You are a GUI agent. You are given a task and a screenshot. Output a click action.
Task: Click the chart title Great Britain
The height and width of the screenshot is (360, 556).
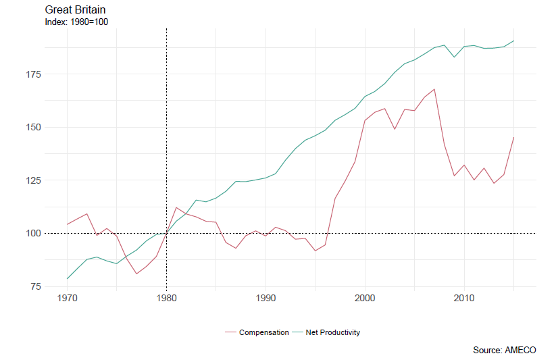click(75, 10)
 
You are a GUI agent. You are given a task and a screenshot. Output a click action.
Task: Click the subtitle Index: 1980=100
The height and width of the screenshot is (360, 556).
click(76, 22)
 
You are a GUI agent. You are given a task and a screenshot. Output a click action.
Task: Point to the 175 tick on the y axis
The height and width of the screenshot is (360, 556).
click(33, 74)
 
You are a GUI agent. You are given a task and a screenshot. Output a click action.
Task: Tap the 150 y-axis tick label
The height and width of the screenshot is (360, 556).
click(33, 127)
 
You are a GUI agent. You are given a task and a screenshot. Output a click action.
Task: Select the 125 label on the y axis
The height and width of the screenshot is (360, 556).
click(33, 180)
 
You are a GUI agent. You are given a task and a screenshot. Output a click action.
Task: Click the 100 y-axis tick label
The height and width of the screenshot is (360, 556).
click(33, 234)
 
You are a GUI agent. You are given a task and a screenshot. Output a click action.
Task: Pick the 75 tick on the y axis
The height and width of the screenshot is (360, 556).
click(36, 286)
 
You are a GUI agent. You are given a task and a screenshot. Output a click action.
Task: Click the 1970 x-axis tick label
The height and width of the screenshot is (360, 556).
click(67, 298)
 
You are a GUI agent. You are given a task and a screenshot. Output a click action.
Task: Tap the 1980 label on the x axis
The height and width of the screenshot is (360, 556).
click(166, 298)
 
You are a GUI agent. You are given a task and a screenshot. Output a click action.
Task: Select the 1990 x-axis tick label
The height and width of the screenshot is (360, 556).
click(266, 298)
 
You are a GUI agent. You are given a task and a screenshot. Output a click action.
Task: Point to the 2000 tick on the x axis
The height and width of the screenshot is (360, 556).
click(365, 298)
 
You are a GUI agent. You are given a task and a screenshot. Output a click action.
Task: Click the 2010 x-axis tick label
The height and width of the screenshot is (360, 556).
click(464, 298)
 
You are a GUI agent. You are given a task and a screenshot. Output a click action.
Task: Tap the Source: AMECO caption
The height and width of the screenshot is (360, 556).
click(504, 350)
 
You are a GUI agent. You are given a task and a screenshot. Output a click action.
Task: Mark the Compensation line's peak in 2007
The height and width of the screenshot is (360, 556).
click(434, 89)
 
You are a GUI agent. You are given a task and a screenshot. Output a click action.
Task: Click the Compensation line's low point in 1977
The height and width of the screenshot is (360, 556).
click(136, 274)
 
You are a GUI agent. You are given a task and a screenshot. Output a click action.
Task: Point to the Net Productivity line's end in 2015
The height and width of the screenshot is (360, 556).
click(514, 41)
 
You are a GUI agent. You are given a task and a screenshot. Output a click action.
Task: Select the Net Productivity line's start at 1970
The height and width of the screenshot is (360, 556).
click(67, 279)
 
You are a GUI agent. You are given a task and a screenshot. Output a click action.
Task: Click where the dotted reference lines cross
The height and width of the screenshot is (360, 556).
click(166, 234)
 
